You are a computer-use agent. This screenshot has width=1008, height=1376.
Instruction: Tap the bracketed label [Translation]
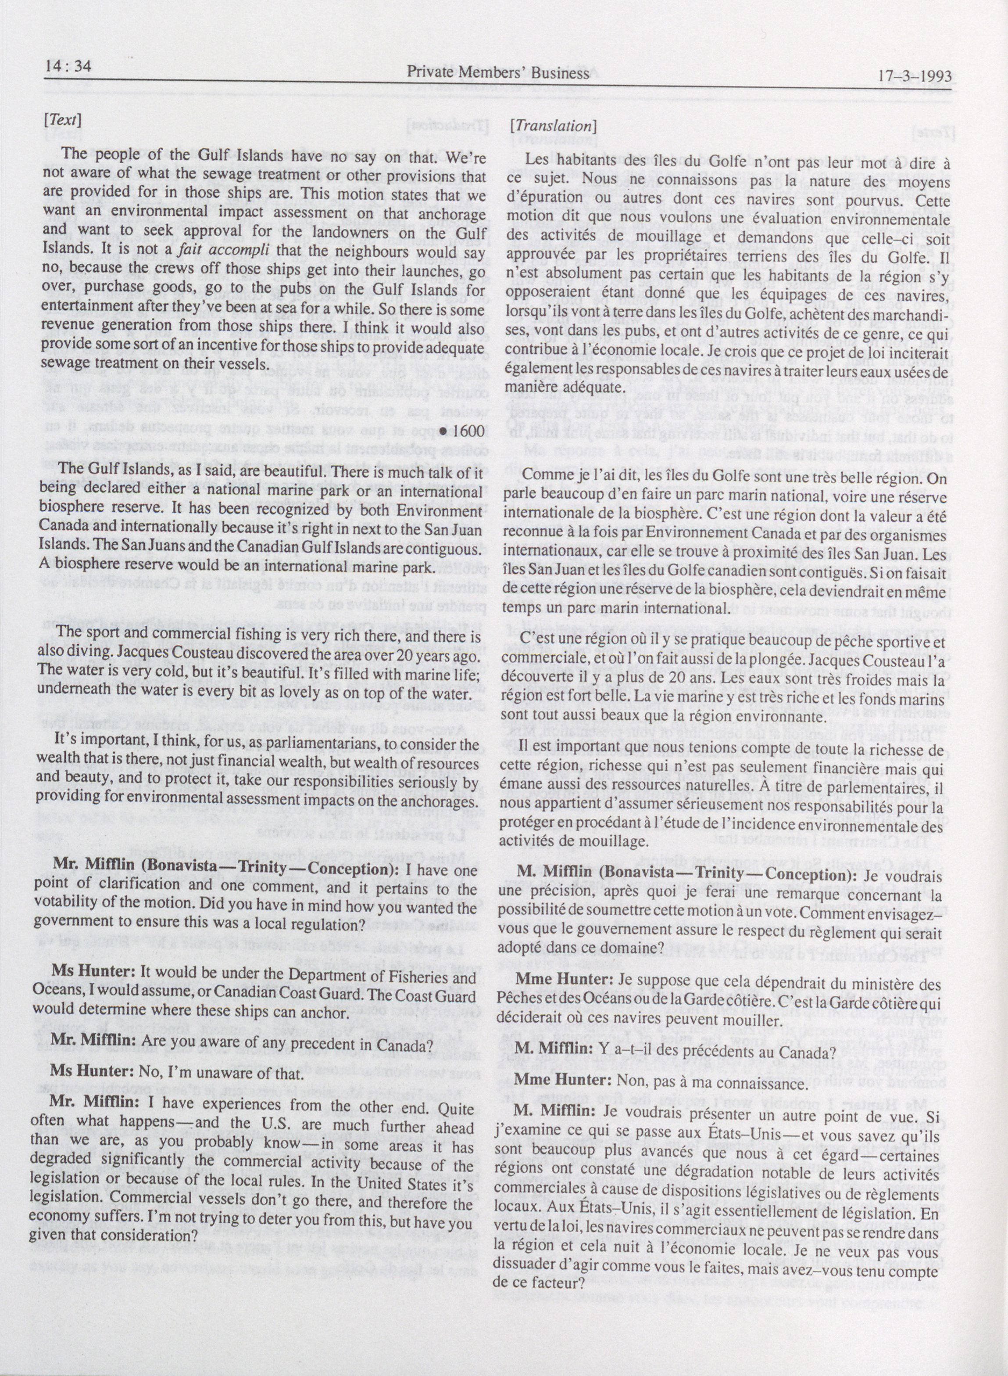point(552,126)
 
